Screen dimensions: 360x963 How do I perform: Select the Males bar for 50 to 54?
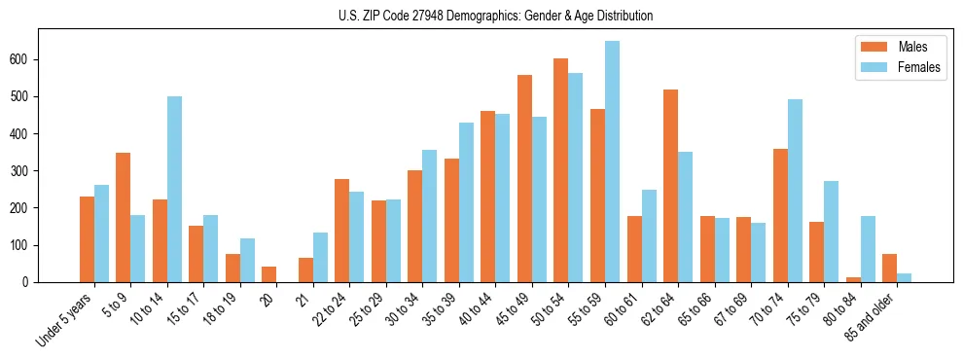pos(560,170)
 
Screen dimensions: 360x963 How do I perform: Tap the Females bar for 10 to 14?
pos(174,190)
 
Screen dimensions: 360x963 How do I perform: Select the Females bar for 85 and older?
pos(905,277)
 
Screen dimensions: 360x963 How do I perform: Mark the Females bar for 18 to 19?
pos(247,260)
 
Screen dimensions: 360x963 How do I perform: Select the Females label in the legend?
pos(919,68)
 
